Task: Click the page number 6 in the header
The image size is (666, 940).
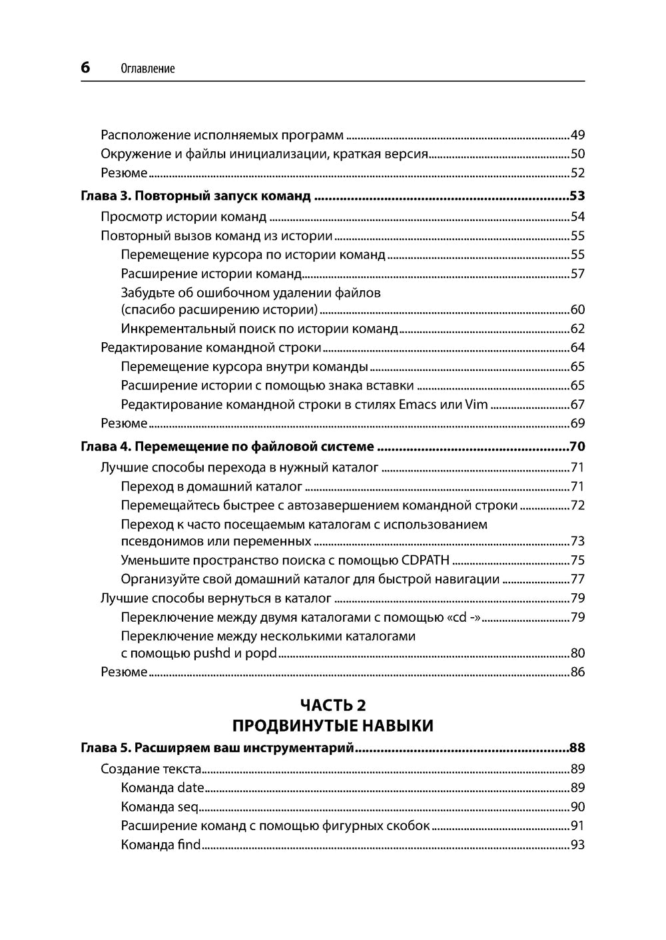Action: [x=86, y=67]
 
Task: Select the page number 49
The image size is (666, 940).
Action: [x=577, y=135]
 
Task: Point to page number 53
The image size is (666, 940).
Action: [x=577, y=196]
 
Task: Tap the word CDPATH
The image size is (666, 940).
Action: [x=426, y=560]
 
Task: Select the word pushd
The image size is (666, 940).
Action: [x=211, y=653]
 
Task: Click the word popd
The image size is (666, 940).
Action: [x=260, y=653]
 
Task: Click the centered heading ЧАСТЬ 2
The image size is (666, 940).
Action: [x=333, y=705]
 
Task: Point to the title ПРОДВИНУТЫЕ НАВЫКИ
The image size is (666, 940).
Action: [x=333, y=726]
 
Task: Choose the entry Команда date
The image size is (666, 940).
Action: [x=163, y=788]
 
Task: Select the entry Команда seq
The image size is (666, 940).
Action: [x=160, y=807]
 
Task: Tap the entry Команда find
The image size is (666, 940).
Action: [x=161, y=845]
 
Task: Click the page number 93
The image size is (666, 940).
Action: [x=577, y=845]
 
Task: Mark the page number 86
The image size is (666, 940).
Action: [x=577, y=672]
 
